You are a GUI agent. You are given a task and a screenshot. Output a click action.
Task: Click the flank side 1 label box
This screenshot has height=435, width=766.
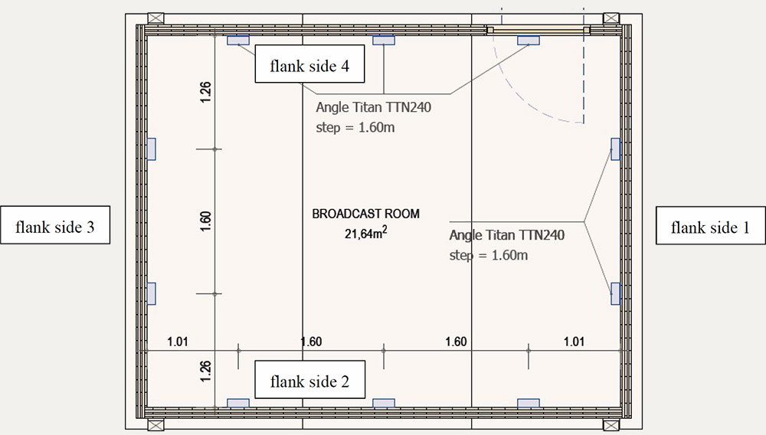[x=710, y=226]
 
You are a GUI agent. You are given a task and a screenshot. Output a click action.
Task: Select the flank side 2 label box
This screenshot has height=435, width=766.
[x=309, y=380]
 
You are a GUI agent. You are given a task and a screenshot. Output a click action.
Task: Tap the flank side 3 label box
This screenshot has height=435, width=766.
[x=54, y=225]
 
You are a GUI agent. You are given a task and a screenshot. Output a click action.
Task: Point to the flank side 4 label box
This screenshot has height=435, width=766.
[x=309, y=64]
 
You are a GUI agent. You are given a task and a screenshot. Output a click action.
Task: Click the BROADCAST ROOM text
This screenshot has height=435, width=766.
[x=365, y=214]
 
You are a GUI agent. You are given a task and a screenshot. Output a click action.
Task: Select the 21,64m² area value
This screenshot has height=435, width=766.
[x=366, y=234]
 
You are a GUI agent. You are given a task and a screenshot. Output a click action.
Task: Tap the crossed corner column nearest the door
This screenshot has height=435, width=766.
[x=611, y=18]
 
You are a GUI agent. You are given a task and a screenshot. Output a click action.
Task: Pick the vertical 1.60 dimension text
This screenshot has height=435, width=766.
[x=205, y=221]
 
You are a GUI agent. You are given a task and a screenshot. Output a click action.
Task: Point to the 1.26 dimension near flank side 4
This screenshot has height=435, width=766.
[x=205, y=92]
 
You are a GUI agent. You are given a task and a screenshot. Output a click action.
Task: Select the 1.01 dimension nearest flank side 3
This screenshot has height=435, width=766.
[x=178, y=342]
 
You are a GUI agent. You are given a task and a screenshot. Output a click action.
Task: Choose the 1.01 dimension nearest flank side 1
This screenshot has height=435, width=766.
[x=574, y=342]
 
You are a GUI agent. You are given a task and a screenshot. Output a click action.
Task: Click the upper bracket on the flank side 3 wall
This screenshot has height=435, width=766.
[x=152, y=149]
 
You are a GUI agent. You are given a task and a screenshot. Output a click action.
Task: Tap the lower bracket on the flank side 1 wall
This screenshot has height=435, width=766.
[x=616, y=293]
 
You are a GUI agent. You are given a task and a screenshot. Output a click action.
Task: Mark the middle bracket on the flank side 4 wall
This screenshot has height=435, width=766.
[x=384, y=40]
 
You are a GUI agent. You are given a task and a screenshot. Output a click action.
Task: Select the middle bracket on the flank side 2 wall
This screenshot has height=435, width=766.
[x=384, y=403]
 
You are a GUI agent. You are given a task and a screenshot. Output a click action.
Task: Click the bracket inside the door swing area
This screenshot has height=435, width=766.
[x=529, y=40]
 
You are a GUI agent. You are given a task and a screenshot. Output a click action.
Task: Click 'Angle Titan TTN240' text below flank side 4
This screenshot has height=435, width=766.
[x=374, y=107]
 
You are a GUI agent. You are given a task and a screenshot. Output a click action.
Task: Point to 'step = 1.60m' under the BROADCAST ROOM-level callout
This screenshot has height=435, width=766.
[x=489, y=255]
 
